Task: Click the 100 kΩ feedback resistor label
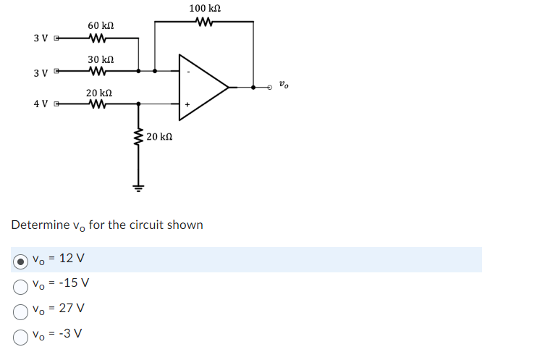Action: [205, 9]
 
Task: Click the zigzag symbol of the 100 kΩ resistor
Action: [205, 22]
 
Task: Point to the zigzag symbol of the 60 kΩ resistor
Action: [98, 38]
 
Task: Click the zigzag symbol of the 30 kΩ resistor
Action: [98, 71]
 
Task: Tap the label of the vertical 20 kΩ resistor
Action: [159, 137]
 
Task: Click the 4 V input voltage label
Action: [41, 104]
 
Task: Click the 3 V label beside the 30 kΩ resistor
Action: [41, 72]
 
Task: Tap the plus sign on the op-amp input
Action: [187, 104]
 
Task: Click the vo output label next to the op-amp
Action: [284, 85]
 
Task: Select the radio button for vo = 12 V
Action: [21, 259]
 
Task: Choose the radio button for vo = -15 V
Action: [21, 284]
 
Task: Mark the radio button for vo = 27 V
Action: [21, 309]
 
